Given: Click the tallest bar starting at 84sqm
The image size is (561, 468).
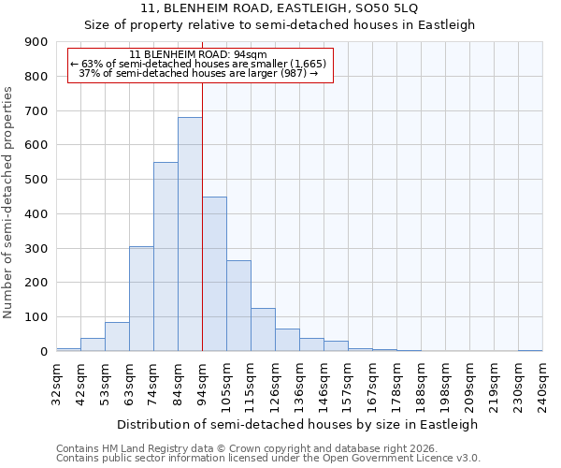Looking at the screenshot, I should (190, 234).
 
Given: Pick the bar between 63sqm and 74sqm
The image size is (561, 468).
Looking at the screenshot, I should (141, 299).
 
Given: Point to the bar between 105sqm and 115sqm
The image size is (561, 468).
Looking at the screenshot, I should (238, 305).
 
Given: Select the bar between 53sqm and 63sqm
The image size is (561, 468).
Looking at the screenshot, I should (117, 336).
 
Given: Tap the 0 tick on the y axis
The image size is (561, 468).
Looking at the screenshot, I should (45, 351).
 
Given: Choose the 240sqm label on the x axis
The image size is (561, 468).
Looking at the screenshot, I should (543, 384).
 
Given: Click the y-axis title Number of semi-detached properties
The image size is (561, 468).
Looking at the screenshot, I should (8, 202).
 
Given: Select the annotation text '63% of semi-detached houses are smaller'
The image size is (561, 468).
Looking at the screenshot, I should (198, 64).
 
